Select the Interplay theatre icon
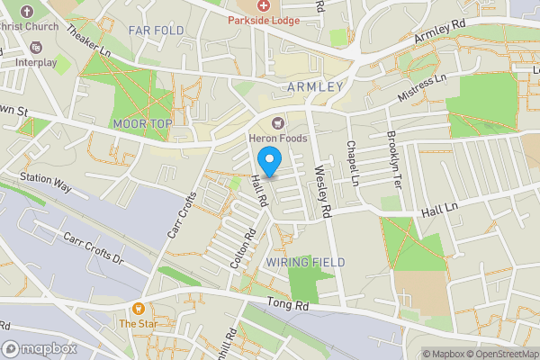coord(35,47)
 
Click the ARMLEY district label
coord(315,86)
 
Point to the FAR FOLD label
coord(156,31)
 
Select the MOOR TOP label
coord(142,122)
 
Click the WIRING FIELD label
coord(305,262)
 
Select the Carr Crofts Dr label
coord(92,247)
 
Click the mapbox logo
coord(40,349)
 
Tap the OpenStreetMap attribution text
coord(505,354)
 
